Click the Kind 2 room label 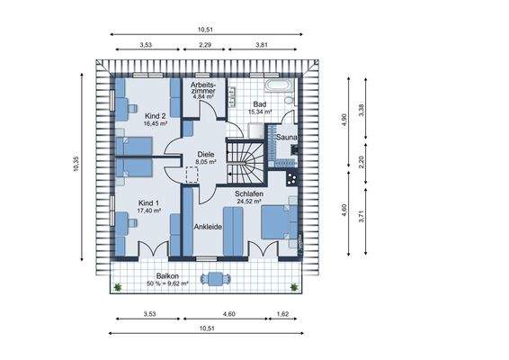point(156,116)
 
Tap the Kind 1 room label point(148,203)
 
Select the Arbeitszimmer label point(203,87)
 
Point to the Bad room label point(260,104)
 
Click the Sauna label point(286,138)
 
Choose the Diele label point(206,154)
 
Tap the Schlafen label point(249,194)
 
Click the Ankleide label point(208,227)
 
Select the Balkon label point(167,276)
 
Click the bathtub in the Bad point(279,85)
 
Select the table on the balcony point(216,279)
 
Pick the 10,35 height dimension point(76,164)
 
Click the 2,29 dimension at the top point(204,45)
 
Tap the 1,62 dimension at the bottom point(282,314)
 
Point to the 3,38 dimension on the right point(362,110)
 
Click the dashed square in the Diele point(192,175)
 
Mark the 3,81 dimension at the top point(262,45)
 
